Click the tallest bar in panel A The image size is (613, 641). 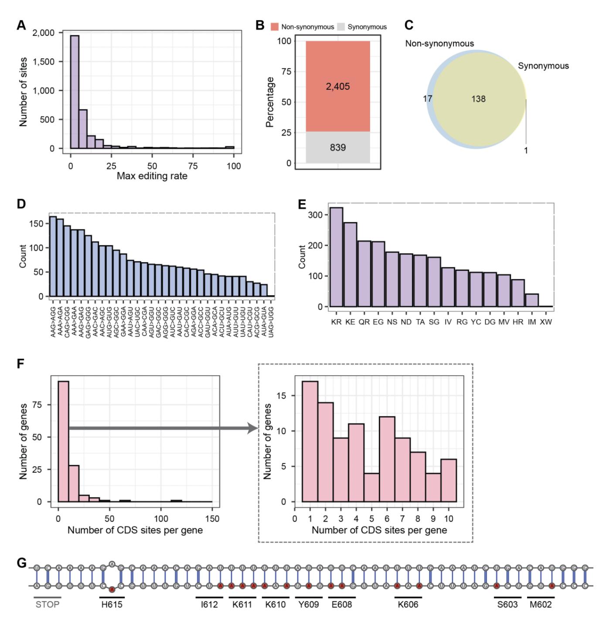75,92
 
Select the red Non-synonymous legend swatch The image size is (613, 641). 274,27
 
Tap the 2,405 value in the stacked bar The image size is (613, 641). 337,86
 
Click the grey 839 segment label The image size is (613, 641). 337,147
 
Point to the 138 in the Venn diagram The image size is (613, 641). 478,99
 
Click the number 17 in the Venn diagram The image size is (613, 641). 427,99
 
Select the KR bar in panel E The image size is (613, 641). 336,257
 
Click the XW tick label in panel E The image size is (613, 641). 546,322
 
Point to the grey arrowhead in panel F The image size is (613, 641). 253,428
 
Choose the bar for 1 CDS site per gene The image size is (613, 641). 310,441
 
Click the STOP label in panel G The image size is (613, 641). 48,605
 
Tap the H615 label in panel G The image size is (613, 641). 112,605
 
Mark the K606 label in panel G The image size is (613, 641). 408,605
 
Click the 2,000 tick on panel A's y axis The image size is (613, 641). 44,33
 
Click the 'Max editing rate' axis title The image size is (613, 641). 152,177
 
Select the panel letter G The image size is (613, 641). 21,563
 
